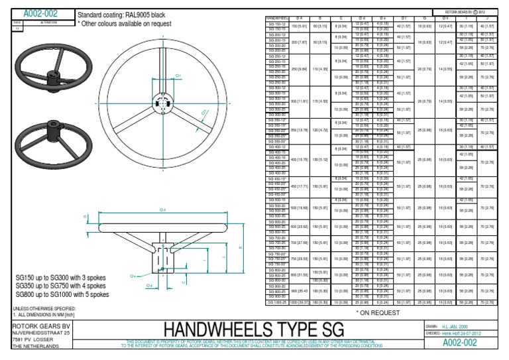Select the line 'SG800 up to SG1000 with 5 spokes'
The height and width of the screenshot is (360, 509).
coord(62,294)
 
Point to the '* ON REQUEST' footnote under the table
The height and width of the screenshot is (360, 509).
coord(375,311)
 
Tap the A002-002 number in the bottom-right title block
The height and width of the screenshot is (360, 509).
coord(461,343)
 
